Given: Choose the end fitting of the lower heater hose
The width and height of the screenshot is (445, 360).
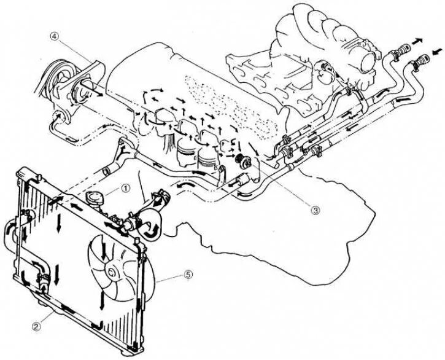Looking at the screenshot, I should point(421,61).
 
